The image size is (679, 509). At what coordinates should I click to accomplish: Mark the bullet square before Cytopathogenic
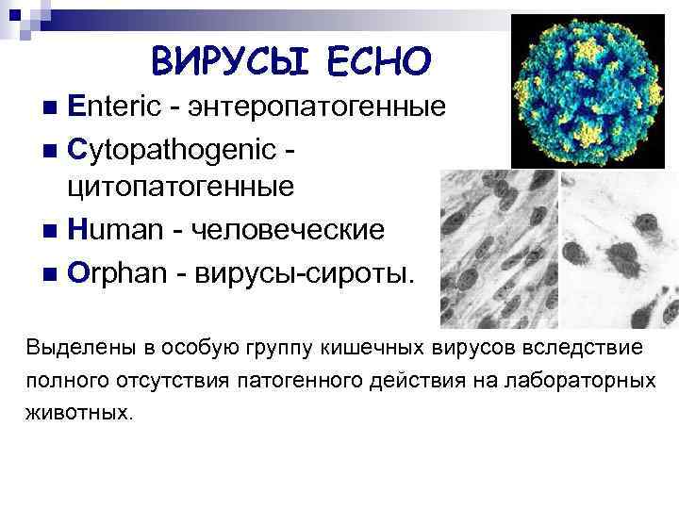point(51,147)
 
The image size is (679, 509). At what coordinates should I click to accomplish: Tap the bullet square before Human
point(51,229)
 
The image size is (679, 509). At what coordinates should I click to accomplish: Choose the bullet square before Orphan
point(51,272)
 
